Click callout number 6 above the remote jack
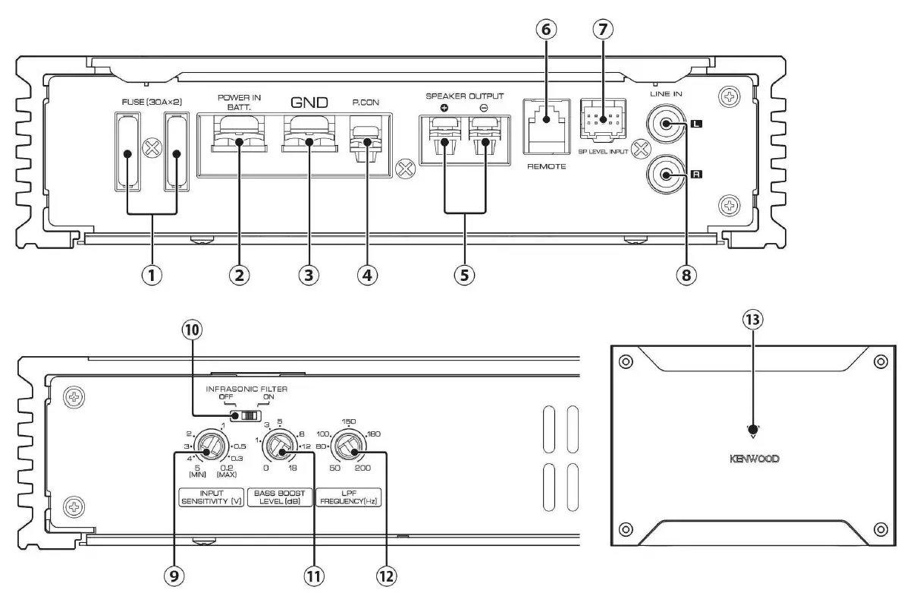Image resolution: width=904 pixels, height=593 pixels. point(546,30)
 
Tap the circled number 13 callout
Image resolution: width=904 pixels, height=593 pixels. point(752,319)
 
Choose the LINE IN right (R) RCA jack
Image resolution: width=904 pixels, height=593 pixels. point(665,175)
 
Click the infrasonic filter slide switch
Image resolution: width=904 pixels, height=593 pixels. point(246,416)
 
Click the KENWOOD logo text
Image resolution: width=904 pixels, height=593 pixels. point(753,459)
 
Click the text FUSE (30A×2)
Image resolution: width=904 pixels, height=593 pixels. point(151,100)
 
